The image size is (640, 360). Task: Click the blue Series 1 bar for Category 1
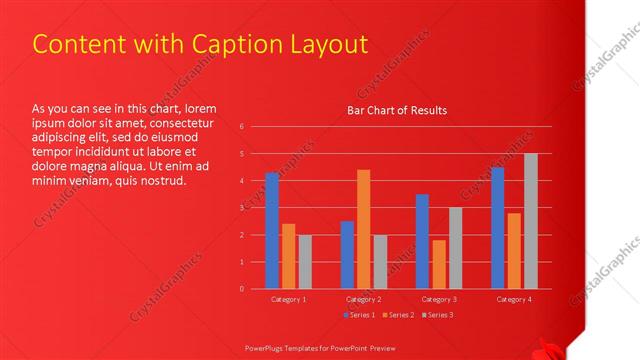pos(272,231)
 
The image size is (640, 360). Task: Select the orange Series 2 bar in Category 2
pos(363,229)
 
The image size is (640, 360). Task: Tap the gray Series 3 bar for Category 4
pos(530,221)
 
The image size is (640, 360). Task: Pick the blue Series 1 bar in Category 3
pos(422,241)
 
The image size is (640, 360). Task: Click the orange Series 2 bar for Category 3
pos(438,264)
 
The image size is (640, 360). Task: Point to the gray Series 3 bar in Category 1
pos(304,262)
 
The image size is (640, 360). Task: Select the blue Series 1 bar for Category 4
pos(497,228)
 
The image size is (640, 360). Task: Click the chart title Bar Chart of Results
pos(397,110)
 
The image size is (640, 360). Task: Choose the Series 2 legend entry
pos(397,316)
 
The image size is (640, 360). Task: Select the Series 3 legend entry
pos(436,316)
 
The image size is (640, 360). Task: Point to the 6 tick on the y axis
pos(242,127)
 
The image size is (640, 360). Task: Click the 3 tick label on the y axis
pos(242,208)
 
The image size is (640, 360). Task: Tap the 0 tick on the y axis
pos(242,289)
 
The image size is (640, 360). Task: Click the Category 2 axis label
pos(363,299)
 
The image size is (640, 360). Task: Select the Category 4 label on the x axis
pos(513,299)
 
